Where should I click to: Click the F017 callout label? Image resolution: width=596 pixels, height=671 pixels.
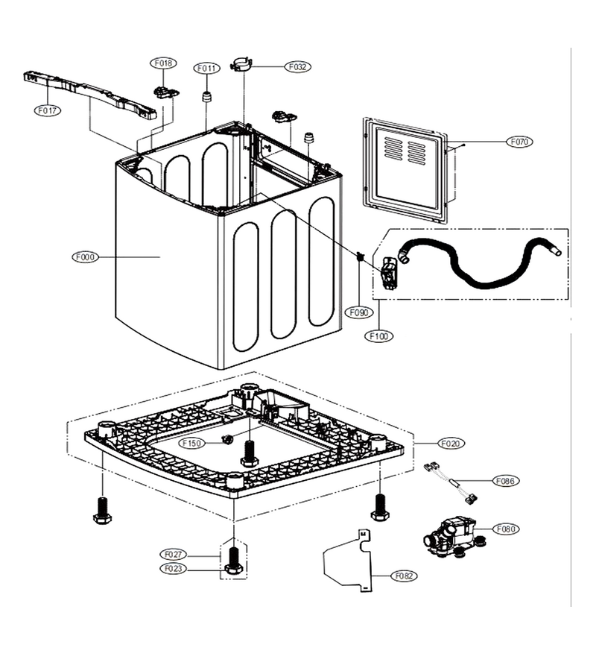tap(48, 110)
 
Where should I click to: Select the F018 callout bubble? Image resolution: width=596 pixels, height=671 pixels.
tap(163, 63)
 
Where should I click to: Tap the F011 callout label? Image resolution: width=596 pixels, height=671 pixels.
tap(207, 69)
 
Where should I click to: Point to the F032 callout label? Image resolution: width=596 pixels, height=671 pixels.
tap(297, 67)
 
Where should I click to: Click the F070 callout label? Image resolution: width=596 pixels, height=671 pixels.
tap(519, 142)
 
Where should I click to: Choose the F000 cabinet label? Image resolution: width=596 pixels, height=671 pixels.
tap(85, 257)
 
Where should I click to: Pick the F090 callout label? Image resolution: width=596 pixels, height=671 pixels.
tap(358, 312)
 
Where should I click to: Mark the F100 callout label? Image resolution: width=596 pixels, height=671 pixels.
tap(378, 336)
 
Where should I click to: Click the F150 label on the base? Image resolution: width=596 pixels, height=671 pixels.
tap(191, 444)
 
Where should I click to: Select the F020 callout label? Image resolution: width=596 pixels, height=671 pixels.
tap(451, 444)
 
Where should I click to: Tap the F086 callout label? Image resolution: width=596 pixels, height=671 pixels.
tap(506, 481)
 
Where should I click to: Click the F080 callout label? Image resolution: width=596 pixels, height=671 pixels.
tap(506, 529)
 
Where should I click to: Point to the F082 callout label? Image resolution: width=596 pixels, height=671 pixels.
tap(404, 576)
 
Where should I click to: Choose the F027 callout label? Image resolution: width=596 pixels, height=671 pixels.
tap(173, 555)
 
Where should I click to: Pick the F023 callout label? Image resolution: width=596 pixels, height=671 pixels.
tap(173, 569)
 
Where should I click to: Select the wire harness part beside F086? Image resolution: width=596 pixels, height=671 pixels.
tap(451, 482)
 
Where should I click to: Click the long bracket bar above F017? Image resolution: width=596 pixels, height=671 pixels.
tap(90, 95)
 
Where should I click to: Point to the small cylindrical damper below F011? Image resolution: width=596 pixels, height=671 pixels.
tap(207, 97)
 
